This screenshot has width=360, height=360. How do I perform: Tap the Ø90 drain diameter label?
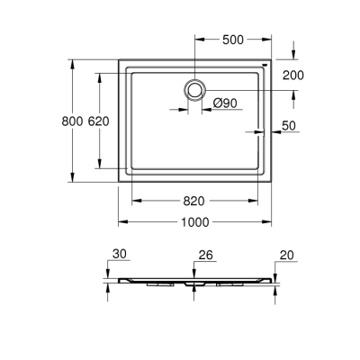pos(225,103)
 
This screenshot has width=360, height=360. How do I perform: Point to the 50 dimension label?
pos(289,127)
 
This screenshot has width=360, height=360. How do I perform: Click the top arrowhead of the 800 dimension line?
pos(71,64)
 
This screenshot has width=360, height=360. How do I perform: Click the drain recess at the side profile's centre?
pos(194,281)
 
